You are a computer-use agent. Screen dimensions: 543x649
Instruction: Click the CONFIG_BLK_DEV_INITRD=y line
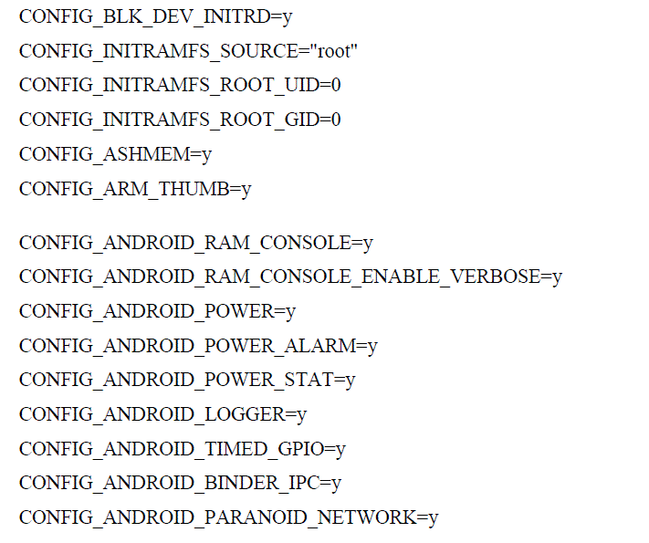click(x=155, y=16)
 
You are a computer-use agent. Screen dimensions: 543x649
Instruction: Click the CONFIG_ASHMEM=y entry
click(x=115, y=154)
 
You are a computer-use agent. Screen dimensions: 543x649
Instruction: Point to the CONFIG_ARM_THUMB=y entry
click(x=135, y=189)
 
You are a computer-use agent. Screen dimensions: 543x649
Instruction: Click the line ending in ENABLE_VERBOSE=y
click(x=290, y=277)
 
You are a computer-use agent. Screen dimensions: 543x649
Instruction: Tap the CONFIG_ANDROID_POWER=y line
click(x=157, y=311)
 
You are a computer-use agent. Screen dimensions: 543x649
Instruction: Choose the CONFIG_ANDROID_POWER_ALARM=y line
click(x=198, y=346)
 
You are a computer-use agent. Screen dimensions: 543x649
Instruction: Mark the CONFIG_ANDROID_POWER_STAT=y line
click(x=187, y=380)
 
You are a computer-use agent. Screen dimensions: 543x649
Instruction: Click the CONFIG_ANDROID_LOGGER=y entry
click(x=162, y=414)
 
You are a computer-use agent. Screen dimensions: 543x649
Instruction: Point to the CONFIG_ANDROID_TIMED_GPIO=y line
click(x=183, y=449)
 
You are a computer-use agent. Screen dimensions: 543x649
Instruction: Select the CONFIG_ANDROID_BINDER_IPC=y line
click(x=180, y=483)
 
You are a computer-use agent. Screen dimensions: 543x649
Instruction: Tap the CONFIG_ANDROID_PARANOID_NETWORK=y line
click(x=228, y=517)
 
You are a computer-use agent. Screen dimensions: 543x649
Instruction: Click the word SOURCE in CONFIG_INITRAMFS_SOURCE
click(x=262, y=51)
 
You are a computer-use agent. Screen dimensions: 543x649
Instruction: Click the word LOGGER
click(x=241, y=414)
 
